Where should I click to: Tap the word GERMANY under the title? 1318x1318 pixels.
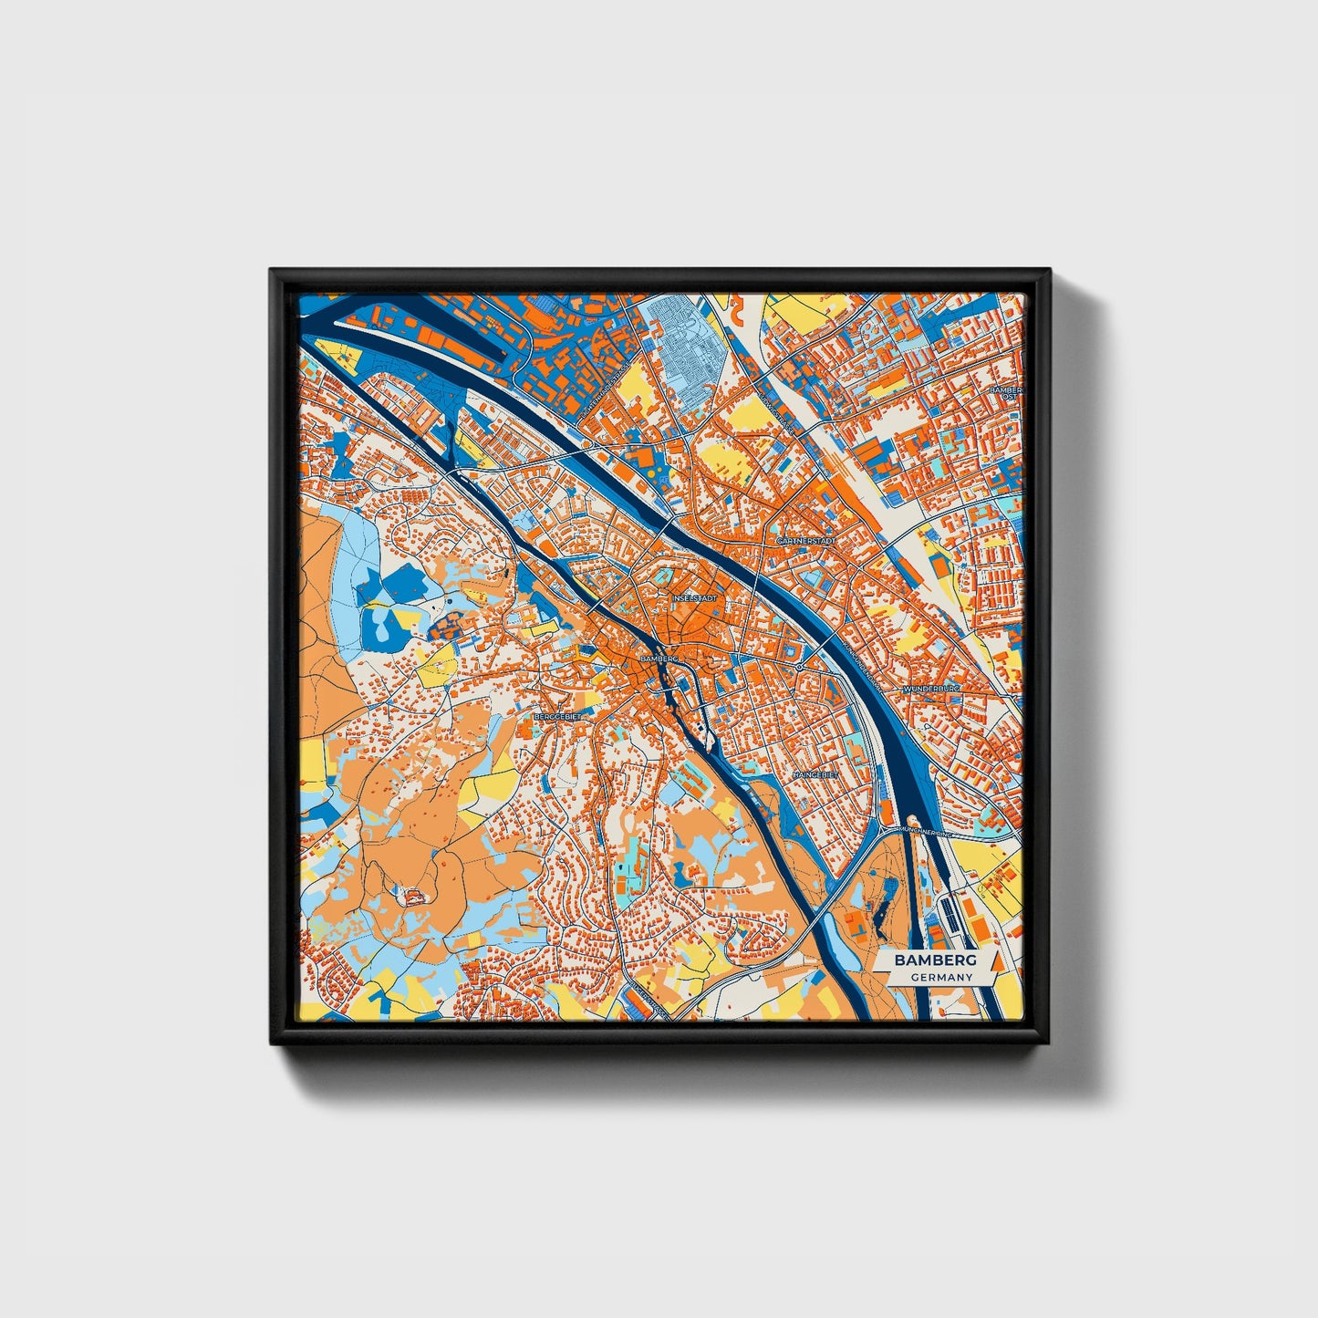939,977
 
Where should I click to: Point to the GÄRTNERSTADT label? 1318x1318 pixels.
805,541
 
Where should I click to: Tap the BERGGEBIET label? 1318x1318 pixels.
556,717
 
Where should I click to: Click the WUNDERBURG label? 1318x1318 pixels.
931,689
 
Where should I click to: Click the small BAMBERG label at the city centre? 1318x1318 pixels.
660,658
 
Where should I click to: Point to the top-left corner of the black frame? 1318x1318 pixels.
271,270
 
